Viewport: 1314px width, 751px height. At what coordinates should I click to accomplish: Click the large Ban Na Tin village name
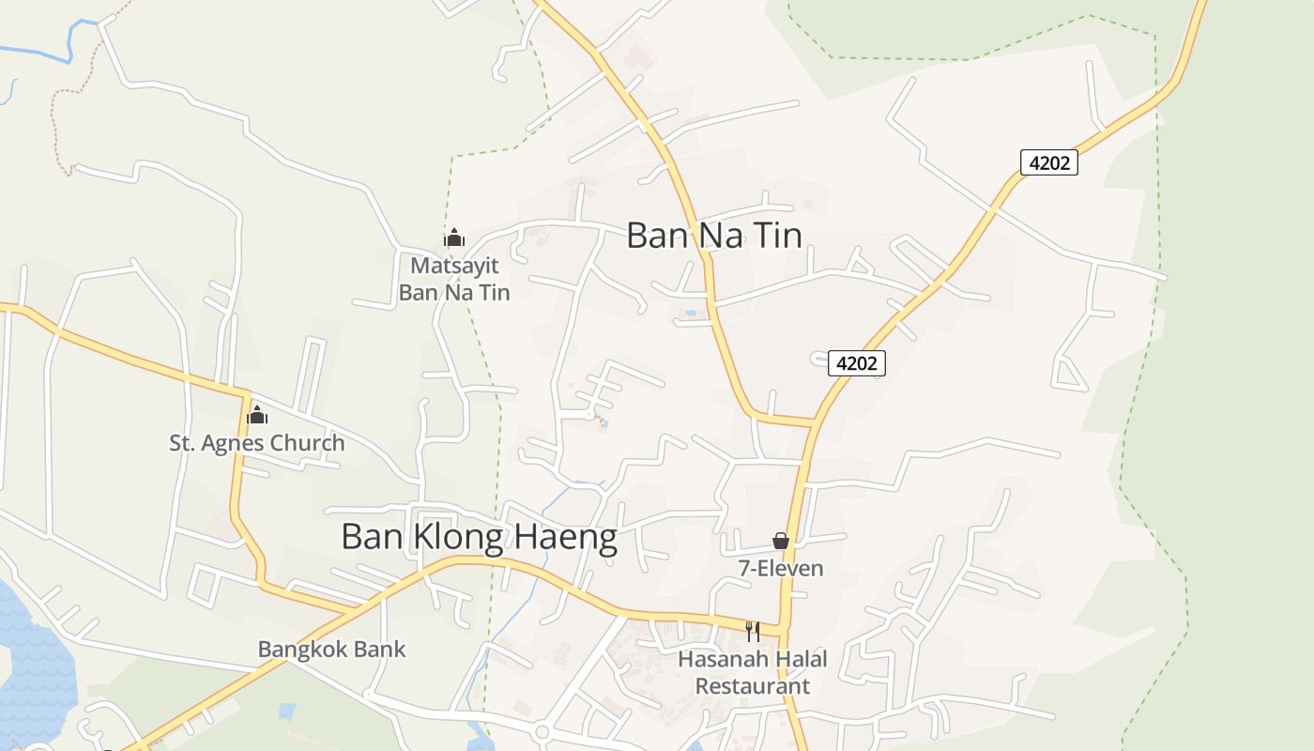[x=713, y=235]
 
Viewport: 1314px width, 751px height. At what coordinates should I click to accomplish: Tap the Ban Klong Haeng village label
[x=479, y=537]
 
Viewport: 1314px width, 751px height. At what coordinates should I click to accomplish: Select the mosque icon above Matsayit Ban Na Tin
[x=454, y=238]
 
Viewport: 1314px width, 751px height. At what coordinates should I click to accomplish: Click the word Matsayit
[x=454, y=266]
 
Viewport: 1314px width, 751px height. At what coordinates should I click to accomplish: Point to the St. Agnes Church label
[x=256, y=443]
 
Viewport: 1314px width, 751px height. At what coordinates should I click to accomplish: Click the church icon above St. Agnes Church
[x=257, y=415]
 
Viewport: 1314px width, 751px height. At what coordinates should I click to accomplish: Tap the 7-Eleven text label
[x=781, y=568]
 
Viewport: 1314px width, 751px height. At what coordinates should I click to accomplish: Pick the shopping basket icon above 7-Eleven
[x=781, y=541]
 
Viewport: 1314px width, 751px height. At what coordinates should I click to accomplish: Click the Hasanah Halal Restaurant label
[x=753, y=672]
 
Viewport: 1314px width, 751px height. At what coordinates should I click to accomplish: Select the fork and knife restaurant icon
[x=752, y=631]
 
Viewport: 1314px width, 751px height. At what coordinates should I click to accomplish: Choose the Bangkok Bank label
[x=331, y=649]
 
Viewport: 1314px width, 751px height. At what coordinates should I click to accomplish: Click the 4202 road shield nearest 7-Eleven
[x=857, y=363]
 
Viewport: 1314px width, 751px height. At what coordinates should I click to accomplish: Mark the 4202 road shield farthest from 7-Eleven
[x=1049, y=162]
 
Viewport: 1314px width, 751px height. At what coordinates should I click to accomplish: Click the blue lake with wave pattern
[x=33, y=657]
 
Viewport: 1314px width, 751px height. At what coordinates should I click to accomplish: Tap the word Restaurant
[x=753, y=686]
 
